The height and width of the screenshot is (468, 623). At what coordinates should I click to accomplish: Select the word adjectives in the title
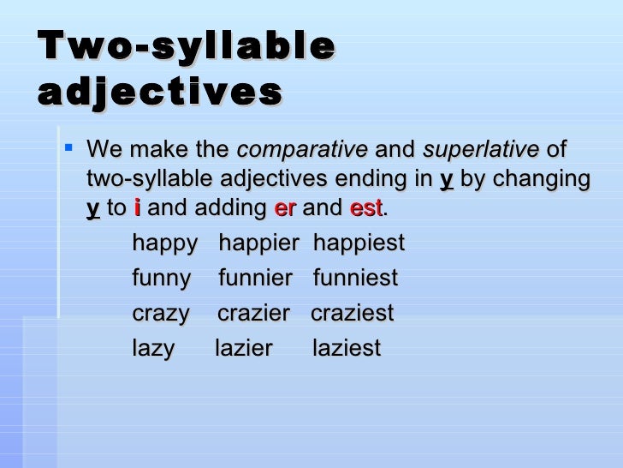[160, 92]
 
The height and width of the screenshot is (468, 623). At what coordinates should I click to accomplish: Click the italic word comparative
[301, 150]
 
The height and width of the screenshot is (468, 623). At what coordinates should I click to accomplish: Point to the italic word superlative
[481, 150]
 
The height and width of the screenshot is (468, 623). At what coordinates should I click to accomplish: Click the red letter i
[138, 207]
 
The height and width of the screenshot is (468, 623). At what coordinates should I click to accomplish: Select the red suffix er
[284, 207]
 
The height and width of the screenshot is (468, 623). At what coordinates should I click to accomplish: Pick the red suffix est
[365, 207]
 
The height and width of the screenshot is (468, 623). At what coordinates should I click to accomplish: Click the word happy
[164, 243]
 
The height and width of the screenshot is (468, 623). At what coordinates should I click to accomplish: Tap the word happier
[258, 243]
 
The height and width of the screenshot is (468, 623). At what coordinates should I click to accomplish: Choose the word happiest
[359, 243]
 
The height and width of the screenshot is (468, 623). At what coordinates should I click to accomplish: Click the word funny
[162, 279]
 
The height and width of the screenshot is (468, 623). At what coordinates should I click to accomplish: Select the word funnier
[255, 279]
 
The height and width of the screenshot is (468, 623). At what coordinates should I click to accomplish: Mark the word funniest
[355, 279]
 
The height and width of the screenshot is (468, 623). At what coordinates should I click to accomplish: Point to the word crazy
[161, 314]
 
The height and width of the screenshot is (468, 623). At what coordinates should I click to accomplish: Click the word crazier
[253, 314]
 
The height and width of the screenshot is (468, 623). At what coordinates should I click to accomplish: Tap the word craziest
[352, 314]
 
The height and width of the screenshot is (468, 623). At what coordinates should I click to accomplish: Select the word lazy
[153, 349]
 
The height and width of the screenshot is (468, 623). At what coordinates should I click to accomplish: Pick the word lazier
[243, 349]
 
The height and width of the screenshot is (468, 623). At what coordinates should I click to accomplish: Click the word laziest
[347, 349]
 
